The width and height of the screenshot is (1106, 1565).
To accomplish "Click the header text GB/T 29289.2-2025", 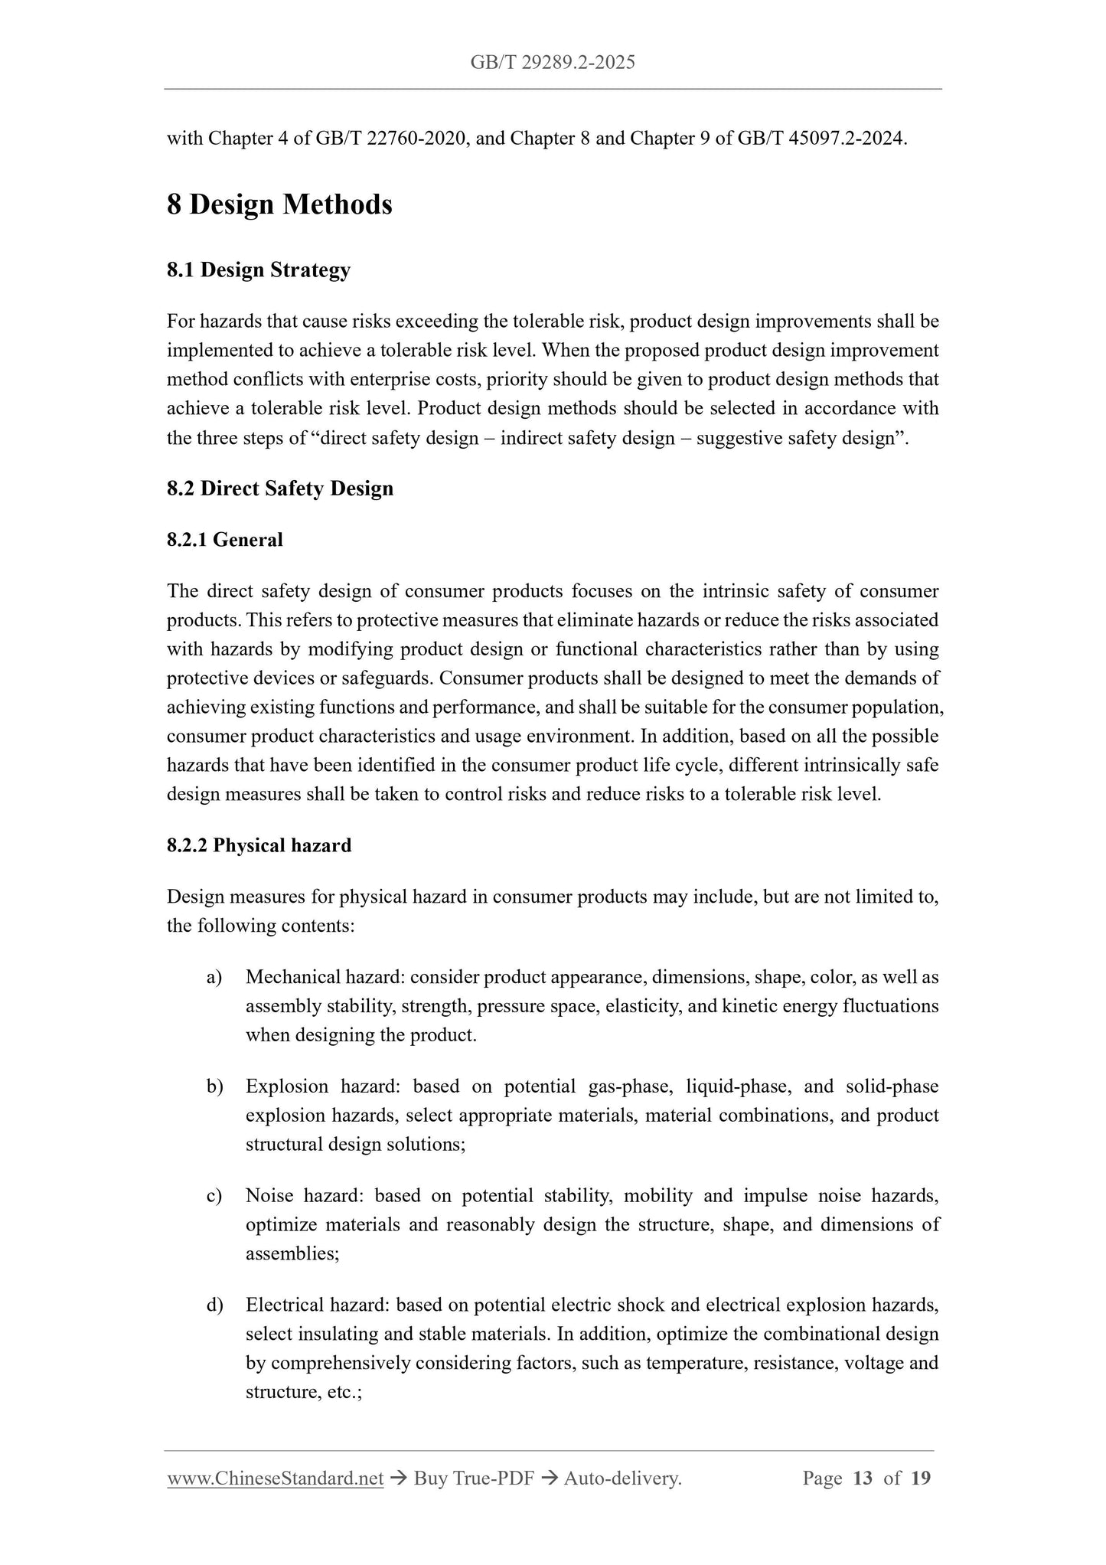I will point(553,63).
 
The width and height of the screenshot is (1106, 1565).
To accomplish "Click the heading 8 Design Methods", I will point(279,204).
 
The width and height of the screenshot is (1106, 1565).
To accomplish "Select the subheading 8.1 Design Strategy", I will point(259,270).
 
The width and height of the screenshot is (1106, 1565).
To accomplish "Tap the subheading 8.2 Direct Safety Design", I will point(280,488).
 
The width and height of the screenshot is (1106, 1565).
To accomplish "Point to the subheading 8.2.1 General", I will point(225,540).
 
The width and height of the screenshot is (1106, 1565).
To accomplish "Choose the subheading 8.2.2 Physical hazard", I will point(259,845).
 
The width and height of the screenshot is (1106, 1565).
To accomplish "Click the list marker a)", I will point(214,977).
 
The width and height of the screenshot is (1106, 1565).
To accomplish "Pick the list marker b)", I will point(214,1086).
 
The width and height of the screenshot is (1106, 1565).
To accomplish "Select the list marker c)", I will point(214,1196).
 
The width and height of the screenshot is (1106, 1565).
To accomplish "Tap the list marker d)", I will point(214,1305).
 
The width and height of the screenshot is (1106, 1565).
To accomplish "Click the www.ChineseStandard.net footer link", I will point(275,1479).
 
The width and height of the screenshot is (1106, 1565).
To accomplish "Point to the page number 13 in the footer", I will point(863,1478).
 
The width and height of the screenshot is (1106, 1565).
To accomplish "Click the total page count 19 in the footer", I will point(921,1478).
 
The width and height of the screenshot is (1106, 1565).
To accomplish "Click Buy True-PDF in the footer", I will point(473,1479).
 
